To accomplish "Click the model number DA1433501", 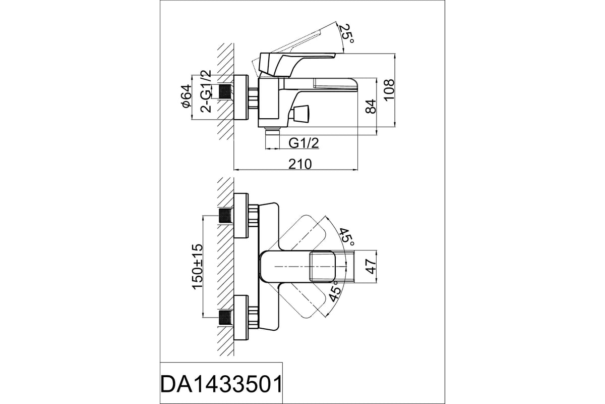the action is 221,384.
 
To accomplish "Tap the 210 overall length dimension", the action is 300,164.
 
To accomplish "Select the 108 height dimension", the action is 389,90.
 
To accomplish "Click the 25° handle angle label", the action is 346,33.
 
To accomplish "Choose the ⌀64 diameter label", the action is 187,96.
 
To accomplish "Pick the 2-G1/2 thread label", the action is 206,91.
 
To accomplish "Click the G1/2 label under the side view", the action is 304,143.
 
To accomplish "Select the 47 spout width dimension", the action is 371,266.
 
